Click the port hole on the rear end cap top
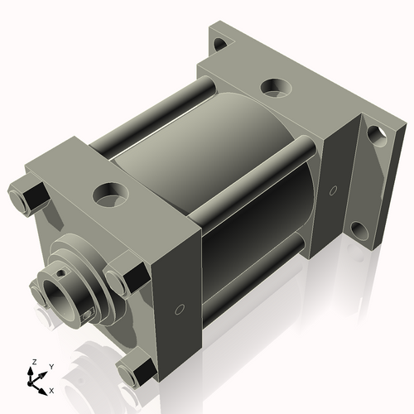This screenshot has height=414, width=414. point(273,86)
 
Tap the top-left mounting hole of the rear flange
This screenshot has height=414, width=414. point(219,45)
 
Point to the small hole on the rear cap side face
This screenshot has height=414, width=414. point(333,192)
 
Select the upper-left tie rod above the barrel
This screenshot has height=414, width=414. point(153,115)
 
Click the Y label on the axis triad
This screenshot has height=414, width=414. point(51,366)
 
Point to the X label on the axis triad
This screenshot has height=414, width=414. point(51,389)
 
